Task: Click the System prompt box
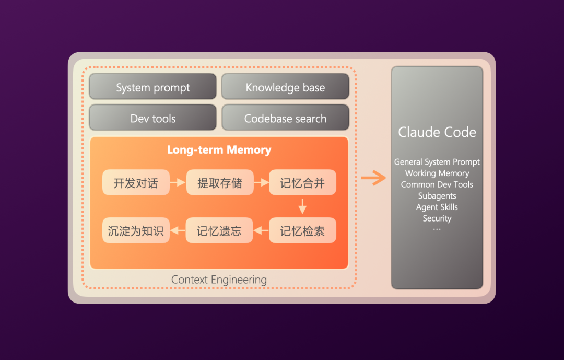152,87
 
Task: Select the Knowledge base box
285,87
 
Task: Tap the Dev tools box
152,118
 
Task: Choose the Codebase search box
285,118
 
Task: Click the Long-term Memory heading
219,150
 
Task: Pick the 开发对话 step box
136,183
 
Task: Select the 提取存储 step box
219,183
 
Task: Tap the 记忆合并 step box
302,183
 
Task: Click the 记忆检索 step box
302,230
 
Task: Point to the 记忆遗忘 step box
219,230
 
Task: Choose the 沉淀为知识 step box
136,230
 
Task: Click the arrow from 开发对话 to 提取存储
178,183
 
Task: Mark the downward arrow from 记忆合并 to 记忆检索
302,206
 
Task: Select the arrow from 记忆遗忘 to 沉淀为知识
178,230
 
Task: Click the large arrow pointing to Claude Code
373,179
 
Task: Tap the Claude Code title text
437,132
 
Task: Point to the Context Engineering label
219,280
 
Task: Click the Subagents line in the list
437,196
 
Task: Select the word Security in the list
437,218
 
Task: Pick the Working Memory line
437,173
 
